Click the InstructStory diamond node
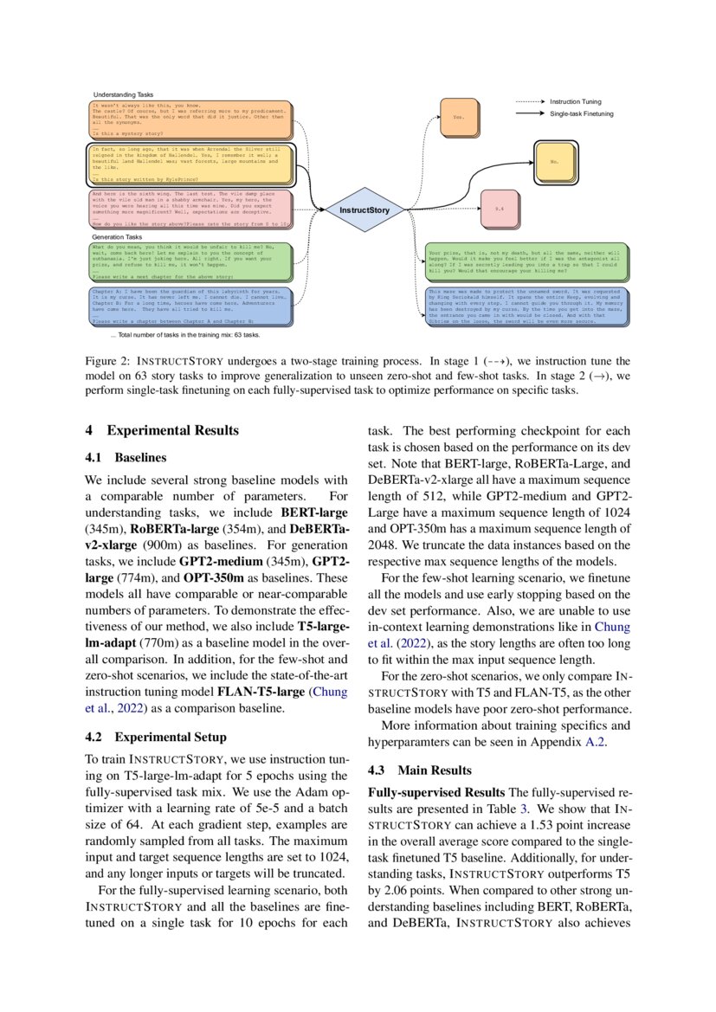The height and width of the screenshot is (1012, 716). point(364,209)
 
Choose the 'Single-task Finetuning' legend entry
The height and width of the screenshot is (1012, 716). point(582,114)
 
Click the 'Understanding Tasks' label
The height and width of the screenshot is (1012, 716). point(126,93)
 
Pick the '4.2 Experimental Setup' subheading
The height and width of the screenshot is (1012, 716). point(155,738)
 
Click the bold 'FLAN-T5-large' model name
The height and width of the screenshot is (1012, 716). point(261,692)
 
